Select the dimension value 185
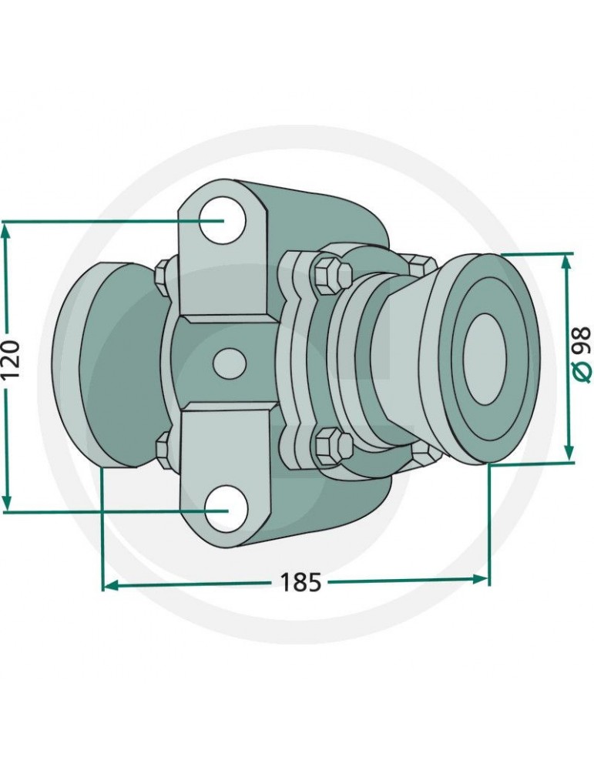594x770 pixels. tap(300, 583)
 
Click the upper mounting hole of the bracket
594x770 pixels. tap(223, 219)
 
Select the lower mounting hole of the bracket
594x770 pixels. tap(227, 509)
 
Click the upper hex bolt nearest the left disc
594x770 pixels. tap(163, 272)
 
